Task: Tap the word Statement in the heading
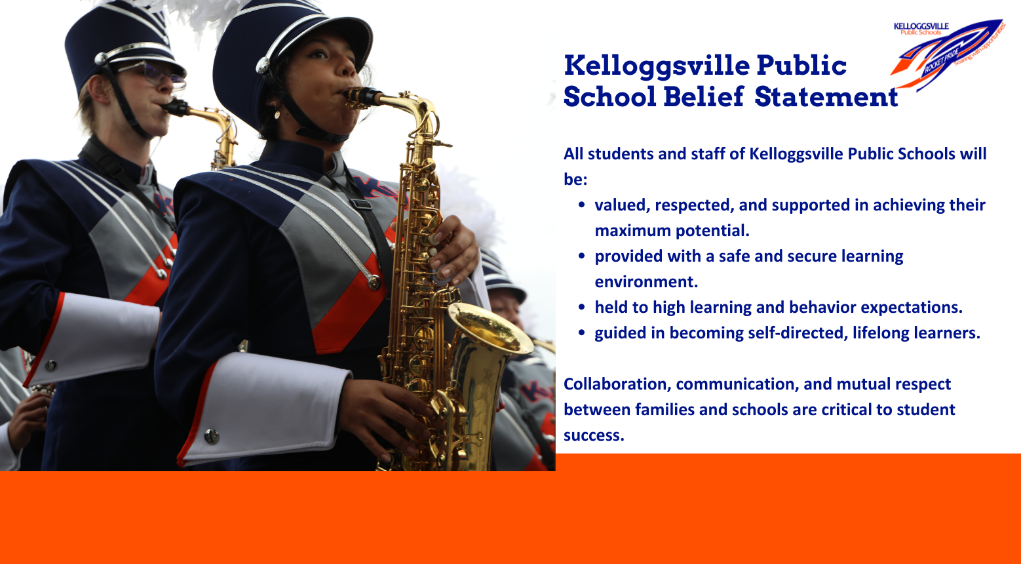(826, 97)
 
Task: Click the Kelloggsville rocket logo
(948, 54)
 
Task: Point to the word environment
(646, 281)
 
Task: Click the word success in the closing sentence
(594, 435)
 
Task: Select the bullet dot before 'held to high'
(581, 307)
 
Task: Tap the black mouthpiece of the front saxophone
(362, 96)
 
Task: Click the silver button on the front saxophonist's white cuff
(211, 436)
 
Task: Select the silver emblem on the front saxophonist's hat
(263, 66)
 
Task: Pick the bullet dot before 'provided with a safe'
(581, 256)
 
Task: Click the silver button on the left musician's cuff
(50, 365)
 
